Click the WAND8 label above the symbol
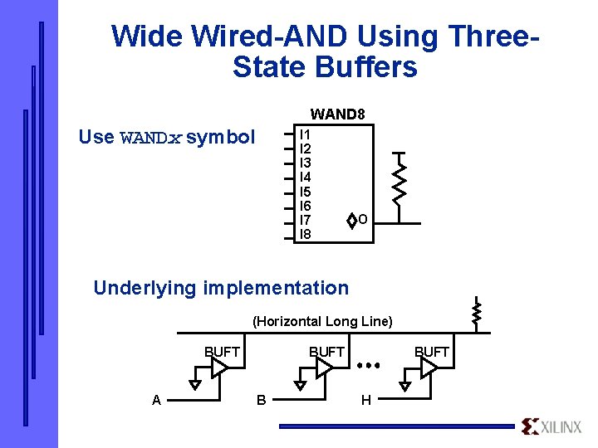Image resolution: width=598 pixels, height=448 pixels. [337, 114]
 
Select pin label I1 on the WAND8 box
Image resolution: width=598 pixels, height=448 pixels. [305, 134]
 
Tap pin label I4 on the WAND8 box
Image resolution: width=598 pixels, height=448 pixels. [305, 177]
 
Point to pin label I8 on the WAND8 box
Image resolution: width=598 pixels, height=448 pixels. [305, 234]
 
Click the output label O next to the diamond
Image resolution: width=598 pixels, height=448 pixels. [363, 220]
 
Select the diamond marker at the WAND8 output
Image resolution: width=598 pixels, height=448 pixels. [351, 220]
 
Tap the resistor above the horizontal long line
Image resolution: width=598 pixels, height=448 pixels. [477, 313]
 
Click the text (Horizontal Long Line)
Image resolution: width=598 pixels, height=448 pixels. [322, 321]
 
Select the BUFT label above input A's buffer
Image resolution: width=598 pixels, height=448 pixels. [222, 352]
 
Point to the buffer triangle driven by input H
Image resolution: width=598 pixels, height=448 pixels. [429, 368]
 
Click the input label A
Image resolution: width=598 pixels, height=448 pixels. [156, 401]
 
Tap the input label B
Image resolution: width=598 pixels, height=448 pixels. [261, 401]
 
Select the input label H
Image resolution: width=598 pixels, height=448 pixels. [365, 401]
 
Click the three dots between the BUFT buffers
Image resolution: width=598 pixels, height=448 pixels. [368, 364]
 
